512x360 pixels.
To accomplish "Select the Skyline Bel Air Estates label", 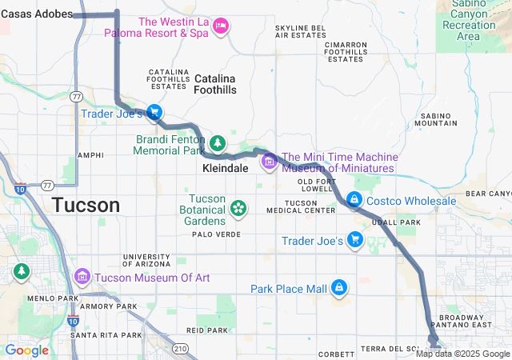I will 300,31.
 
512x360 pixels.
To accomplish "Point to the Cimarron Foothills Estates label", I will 346,50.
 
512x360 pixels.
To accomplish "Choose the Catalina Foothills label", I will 215,84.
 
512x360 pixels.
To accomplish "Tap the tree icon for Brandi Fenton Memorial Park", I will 217,142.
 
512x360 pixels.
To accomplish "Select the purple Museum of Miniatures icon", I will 269,162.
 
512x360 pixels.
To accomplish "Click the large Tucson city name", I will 86,205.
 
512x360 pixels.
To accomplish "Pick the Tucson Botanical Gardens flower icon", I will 238,209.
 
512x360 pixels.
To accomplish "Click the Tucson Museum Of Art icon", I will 82,277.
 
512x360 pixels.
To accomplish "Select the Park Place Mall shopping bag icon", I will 339,287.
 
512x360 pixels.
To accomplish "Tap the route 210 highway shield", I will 181,349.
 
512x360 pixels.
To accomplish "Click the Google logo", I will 26,350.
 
